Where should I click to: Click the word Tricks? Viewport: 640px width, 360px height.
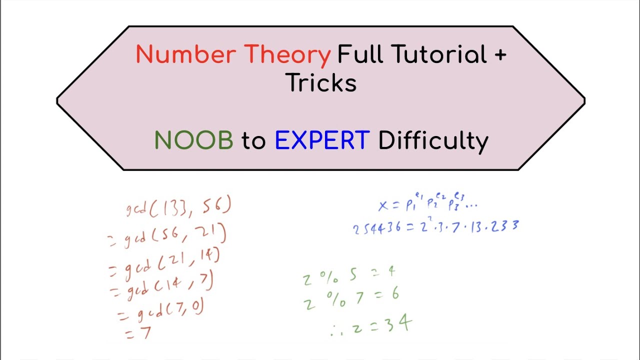point(321,83)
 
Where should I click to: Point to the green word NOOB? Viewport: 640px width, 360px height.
point(193,141)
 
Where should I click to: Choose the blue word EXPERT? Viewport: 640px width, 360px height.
point(322,141)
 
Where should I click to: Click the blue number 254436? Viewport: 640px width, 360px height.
point(376,228)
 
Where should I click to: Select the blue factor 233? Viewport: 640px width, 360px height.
point(505,226)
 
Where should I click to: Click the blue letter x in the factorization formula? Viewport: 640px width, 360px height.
point(383,205)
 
